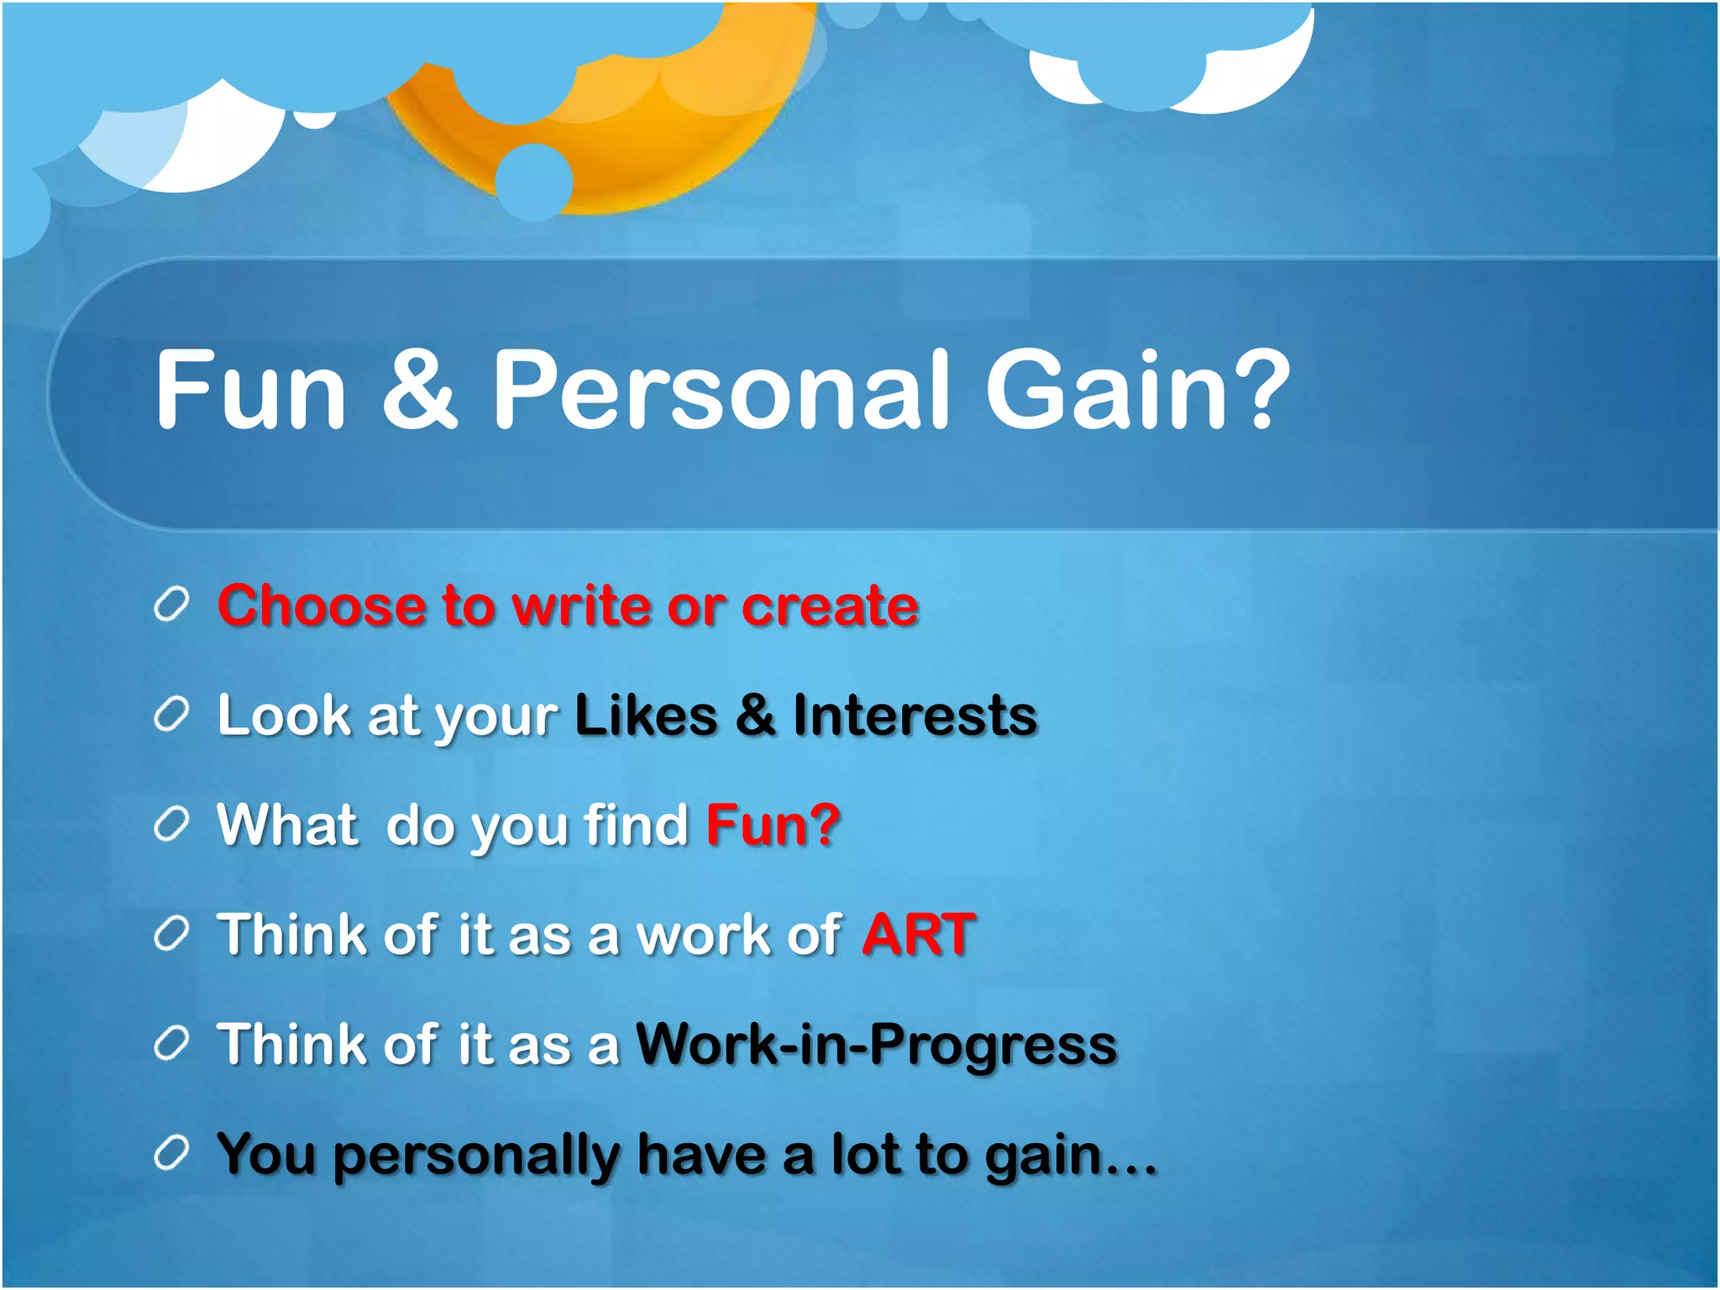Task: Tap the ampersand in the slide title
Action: click(x=419, y=390)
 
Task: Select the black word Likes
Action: click(x=646, y=716)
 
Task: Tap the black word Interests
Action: click(x=915, y=716)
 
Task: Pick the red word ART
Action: click(x=919, y=934)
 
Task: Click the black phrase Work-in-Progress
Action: click(x=876, y=1044)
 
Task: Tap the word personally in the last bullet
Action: click(x=476, y=1156)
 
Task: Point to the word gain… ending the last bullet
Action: click(x=1070, y=1156)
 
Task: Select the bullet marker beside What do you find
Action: click(x=171, y=825)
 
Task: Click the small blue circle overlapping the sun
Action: click(x=534, y=181)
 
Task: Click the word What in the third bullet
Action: click(x=287, y=825)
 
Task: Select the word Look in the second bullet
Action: click(x=283, y=716)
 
